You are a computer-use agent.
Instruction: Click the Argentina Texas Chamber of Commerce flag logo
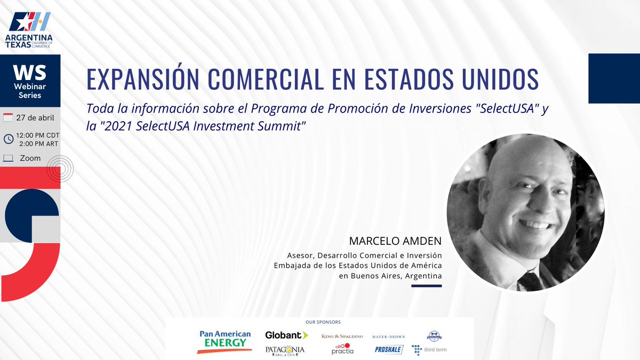(30, 22)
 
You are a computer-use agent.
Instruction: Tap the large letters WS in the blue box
(30, 72)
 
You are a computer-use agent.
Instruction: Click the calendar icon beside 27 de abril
(8, 118)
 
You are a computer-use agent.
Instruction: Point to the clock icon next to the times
(9, 139)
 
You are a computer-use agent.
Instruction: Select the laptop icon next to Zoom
(8, 158)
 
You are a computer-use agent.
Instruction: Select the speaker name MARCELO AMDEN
(395, 242)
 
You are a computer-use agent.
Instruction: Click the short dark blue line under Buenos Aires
(427, 286)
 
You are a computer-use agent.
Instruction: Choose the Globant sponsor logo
(286, 335)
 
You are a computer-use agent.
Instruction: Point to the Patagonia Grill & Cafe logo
(285, 350)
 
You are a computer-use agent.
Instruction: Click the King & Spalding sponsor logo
(342, 337)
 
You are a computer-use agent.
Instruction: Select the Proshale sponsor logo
(389, 350)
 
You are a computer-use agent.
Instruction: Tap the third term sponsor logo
(429, 350)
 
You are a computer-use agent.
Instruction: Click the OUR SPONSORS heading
(323, 322)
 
